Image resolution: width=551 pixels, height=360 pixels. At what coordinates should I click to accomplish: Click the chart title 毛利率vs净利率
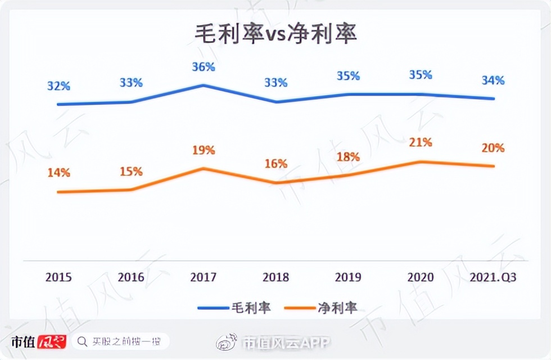[275, 34]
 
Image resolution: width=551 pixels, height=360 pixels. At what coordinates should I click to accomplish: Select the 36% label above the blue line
[203, 67]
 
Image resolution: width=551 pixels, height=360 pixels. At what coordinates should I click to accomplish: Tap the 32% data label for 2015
[58, 86]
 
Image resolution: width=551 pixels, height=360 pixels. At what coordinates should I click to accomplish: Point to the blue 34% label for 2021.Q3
[493, 80]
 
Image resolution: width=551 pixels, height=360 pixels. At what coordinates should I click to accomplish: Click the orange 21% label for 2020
[421, 143]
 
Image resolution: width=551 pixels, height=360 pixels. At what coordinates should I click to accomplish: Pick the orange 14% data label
[58, 173]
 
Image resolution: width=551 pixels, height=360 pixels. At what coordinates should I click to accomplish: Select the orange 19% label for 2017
[203, 150]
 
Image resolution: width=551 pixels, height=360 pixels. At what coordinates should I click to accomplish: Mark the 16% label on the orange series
[275, 164]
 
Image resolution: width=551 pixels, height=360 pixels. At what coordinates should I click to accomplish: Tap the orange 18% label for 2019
[348, 157]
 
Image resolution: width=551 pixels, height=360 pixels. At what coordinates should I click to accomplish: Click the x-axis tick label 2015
[58, 277]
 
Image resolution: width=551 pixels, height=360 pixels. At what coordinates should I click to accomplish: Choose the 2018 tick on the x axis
[275, 277]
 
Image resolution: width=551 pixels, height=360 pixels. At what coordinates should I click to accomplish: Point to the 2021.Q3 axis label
[493, 277]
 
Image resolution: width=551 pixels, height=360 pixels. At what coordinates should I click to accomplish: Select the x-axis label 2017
[203, 277]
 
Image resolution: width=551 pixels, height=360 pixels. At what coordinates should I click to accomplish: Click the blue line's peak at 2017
[203, 85]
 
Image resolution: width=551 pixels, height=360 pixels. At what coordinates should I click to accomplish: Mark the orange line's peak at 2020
[421, 162]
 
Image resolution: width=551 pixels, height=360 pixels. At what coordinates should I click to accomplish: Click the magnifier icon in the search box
[82, 341]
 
